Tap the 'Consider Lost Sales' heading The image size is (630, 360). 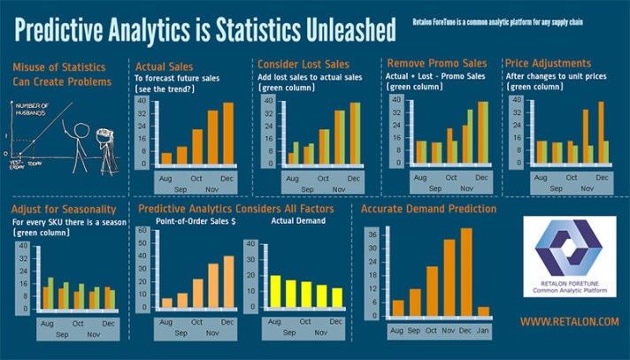303,65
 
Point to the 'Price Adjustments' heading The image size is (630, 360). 547,64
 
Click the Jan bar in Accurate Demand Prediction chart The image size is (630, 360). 482,312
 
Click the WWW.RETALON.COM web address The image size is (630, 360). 569,322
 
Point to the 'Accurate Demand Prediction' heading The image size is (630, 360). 428,210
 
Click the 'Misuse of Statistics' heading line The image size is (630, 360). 60,67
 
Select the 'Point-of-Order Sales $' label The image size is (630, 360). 196,221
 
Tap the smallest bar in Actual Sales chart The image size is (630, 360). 165,158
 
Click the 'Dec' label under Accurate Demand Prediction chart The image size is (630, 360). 465,330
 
